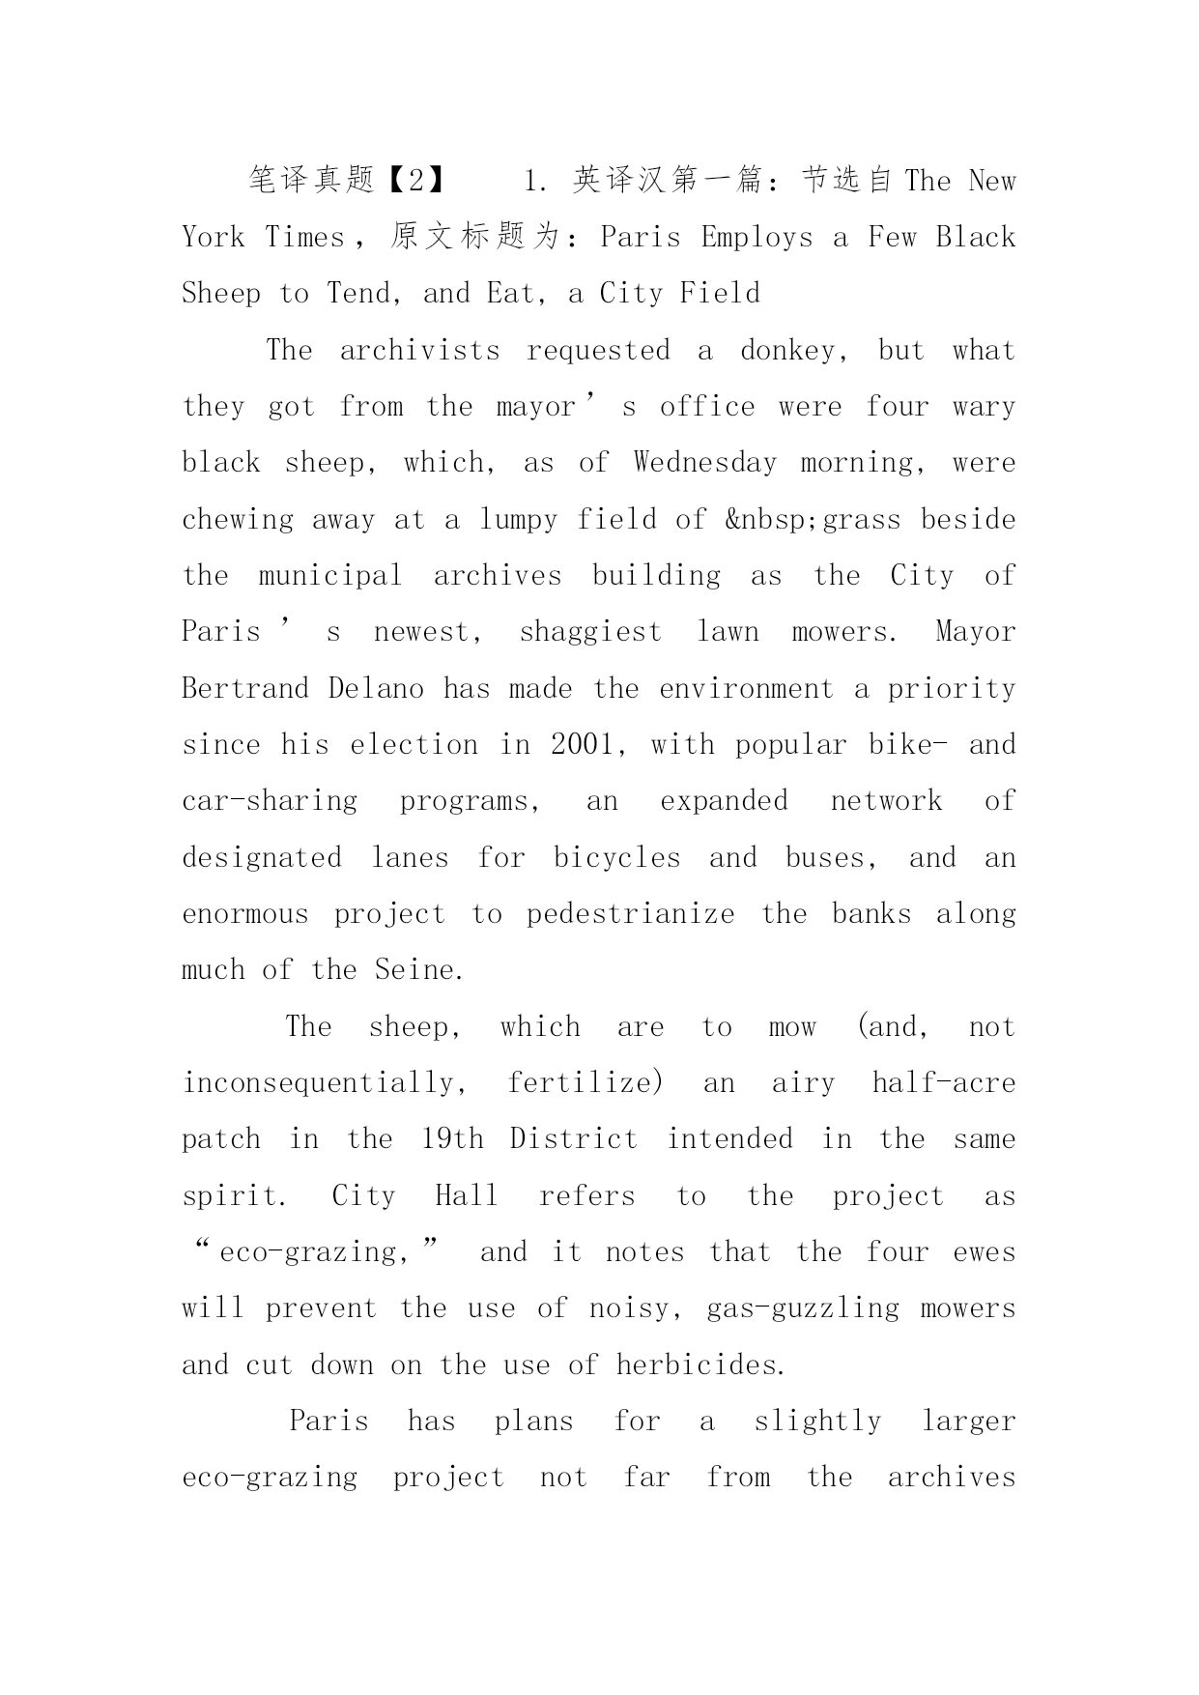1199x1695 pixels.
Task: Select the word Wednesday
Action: pos(705,463)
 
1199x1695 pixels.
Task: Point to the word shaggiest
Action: pos(590,632)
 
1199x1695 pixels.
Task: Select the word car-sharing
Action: pos(270,801)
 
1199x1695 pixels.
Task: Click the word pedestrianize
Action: pos(630,914)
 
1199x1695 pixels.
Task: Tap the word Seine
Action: pos(419,970)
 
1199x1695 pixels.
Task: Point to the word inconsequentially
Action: pos(326,1083)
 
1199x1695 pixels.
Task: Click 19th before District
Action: pos(452,1139)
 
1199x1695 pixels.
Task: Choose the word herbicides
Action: pos(700,1365)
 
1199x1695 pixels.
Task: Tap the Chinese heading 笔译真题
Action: pos(311,181)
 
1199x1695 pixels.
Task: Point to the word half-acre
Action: pos(943,1083)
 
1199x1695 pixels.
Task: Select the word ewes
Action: pos(984,1252)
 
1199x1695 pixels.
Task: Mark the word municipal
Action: pos(330,576)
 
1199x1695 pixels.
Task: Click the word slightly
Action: pos(817,1422)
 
